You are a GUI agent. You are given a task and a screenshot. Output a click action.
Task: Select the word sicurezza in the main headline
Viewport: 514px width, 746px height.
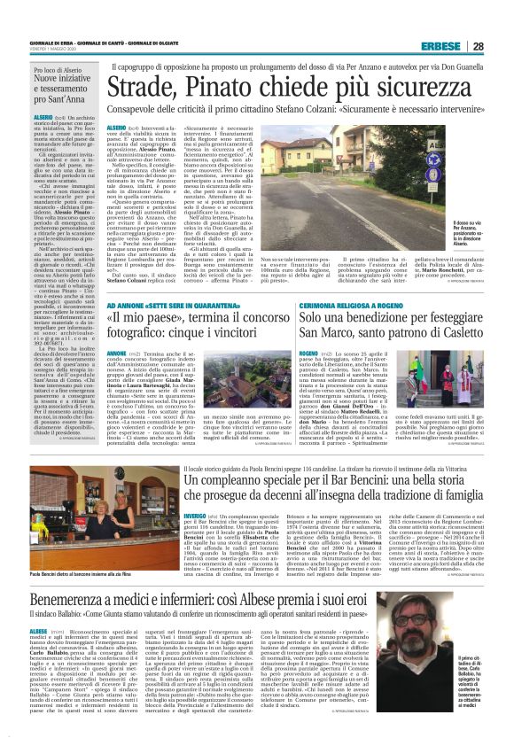point(414,89)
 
